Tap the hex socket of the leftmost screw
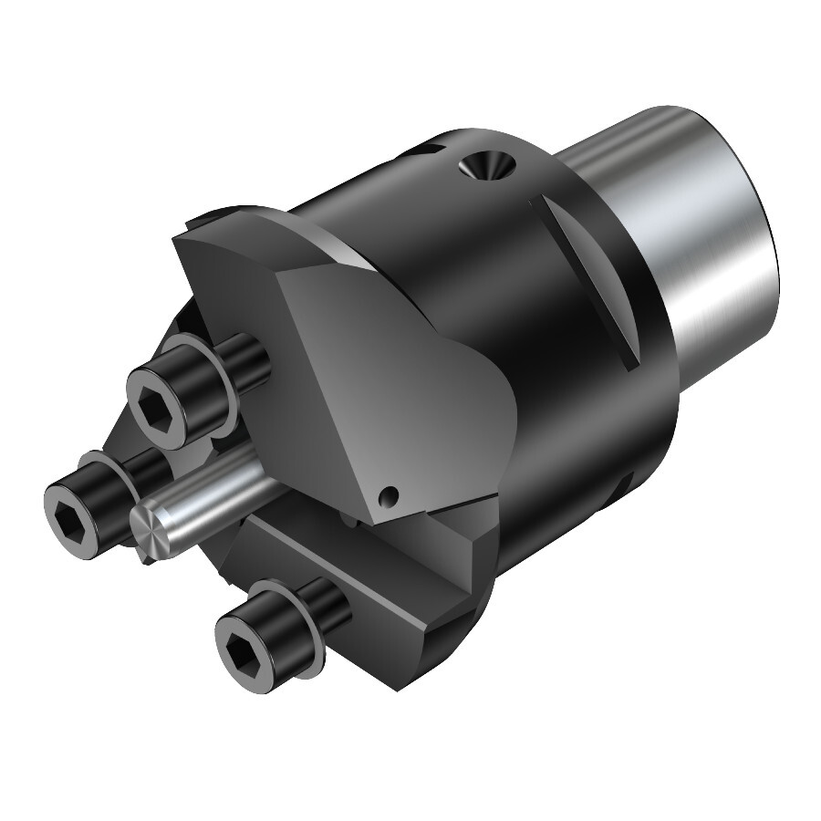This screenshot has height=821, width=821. [x=70, y=504]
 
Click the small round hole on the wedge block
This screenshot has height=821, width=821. [x=391, y=495]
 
